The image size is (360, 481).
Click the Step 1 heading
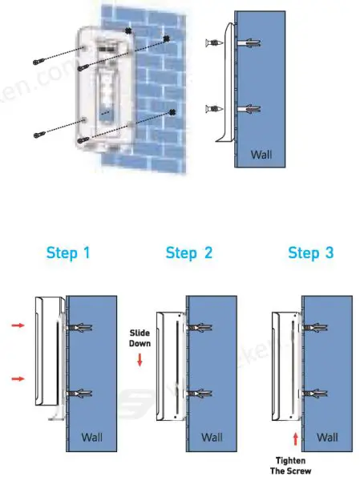coord(68,253)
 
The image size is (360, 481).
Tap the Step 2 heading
coord(189,253)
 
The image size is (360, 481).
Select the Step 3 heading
coord(310,253)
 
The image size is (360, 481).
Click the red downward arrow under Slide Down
coord(140,361)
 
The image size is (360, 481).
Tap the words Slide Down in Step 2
coord(140,337)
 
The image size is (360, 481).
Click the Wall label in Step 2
coord(212,437)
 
